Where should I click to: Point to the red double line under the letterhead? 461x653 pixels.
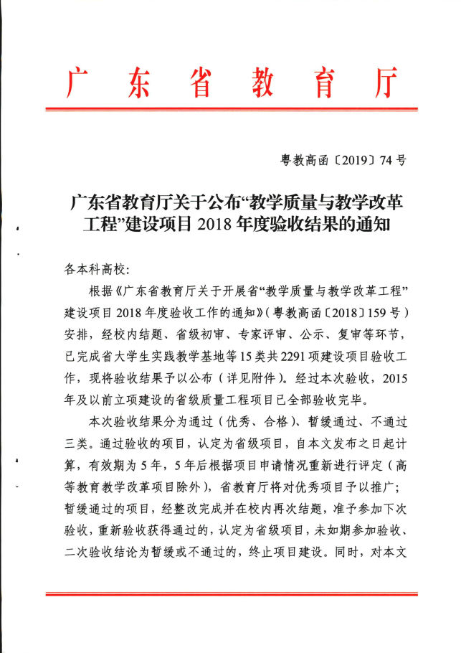tap(230, 109)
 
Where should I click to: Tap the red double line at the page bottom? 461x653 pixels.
tap(230, 593)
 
